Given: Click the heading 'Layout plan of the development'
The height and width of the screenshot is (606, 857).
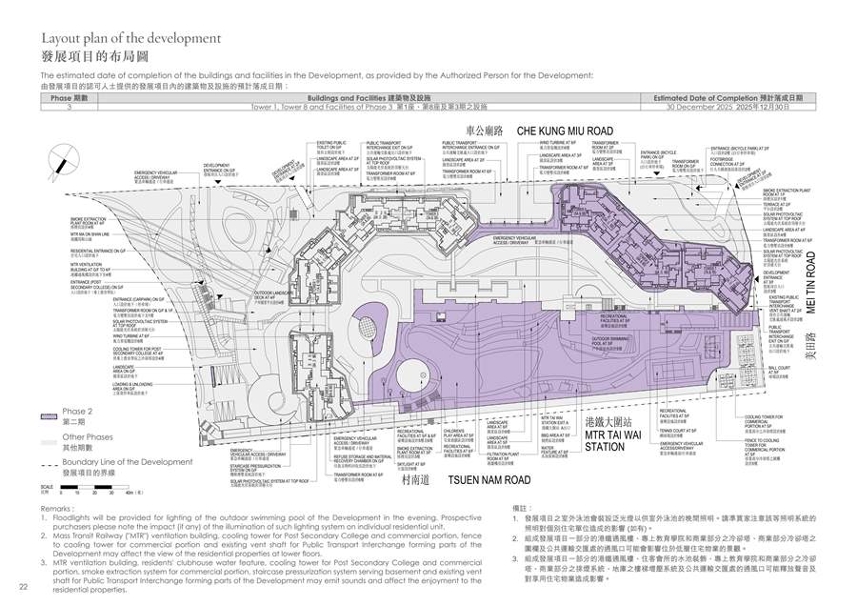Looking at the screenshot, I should pyautogui.click(x=131, y=39).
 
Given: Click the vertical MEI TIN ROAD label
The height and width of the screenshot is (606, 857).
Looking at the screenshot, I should pyautogui.click(x=815, y=282).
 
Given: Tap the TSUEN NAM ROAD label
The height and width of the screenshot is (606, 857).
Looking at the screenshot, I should pyautogui.click(x=489, y=481).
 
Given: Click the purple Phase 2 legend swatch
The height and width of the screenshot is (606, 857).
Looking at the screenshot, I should pyautogui.click(x=50, y=416).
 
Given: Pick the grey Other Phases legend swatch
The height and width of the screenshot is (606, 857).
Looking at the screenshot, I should pyautogui.click(x=50, y=442).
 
